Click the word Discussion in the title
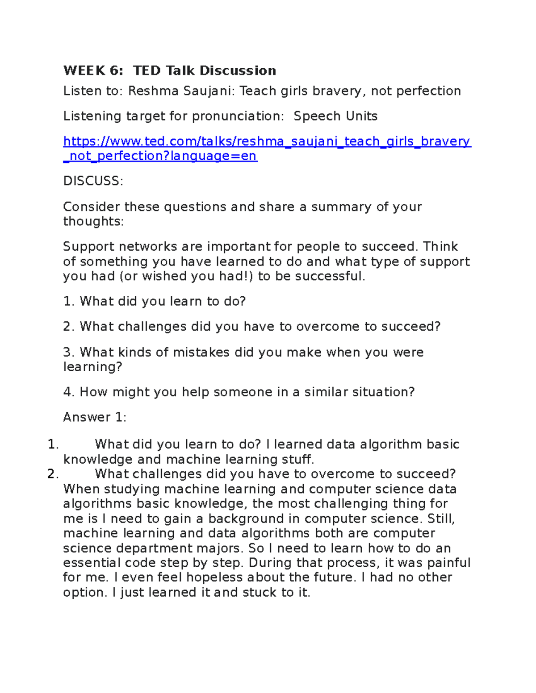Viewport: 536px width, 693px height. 238,71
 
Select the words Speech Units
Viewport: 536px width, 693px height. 335,116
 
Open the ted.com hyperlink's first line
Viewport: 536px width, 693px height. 267,141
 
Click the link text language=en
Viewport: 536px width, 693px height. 214,156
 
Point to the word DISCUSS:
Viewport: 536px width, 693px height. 93,181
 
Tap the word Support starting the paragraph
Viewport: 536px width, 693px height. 88,247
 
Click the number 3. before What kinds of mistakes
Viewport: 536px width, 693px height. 69,353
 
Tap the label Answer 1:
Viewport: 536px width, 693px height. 95,418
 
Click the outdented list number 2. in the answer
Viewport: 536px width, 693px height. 53,474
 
